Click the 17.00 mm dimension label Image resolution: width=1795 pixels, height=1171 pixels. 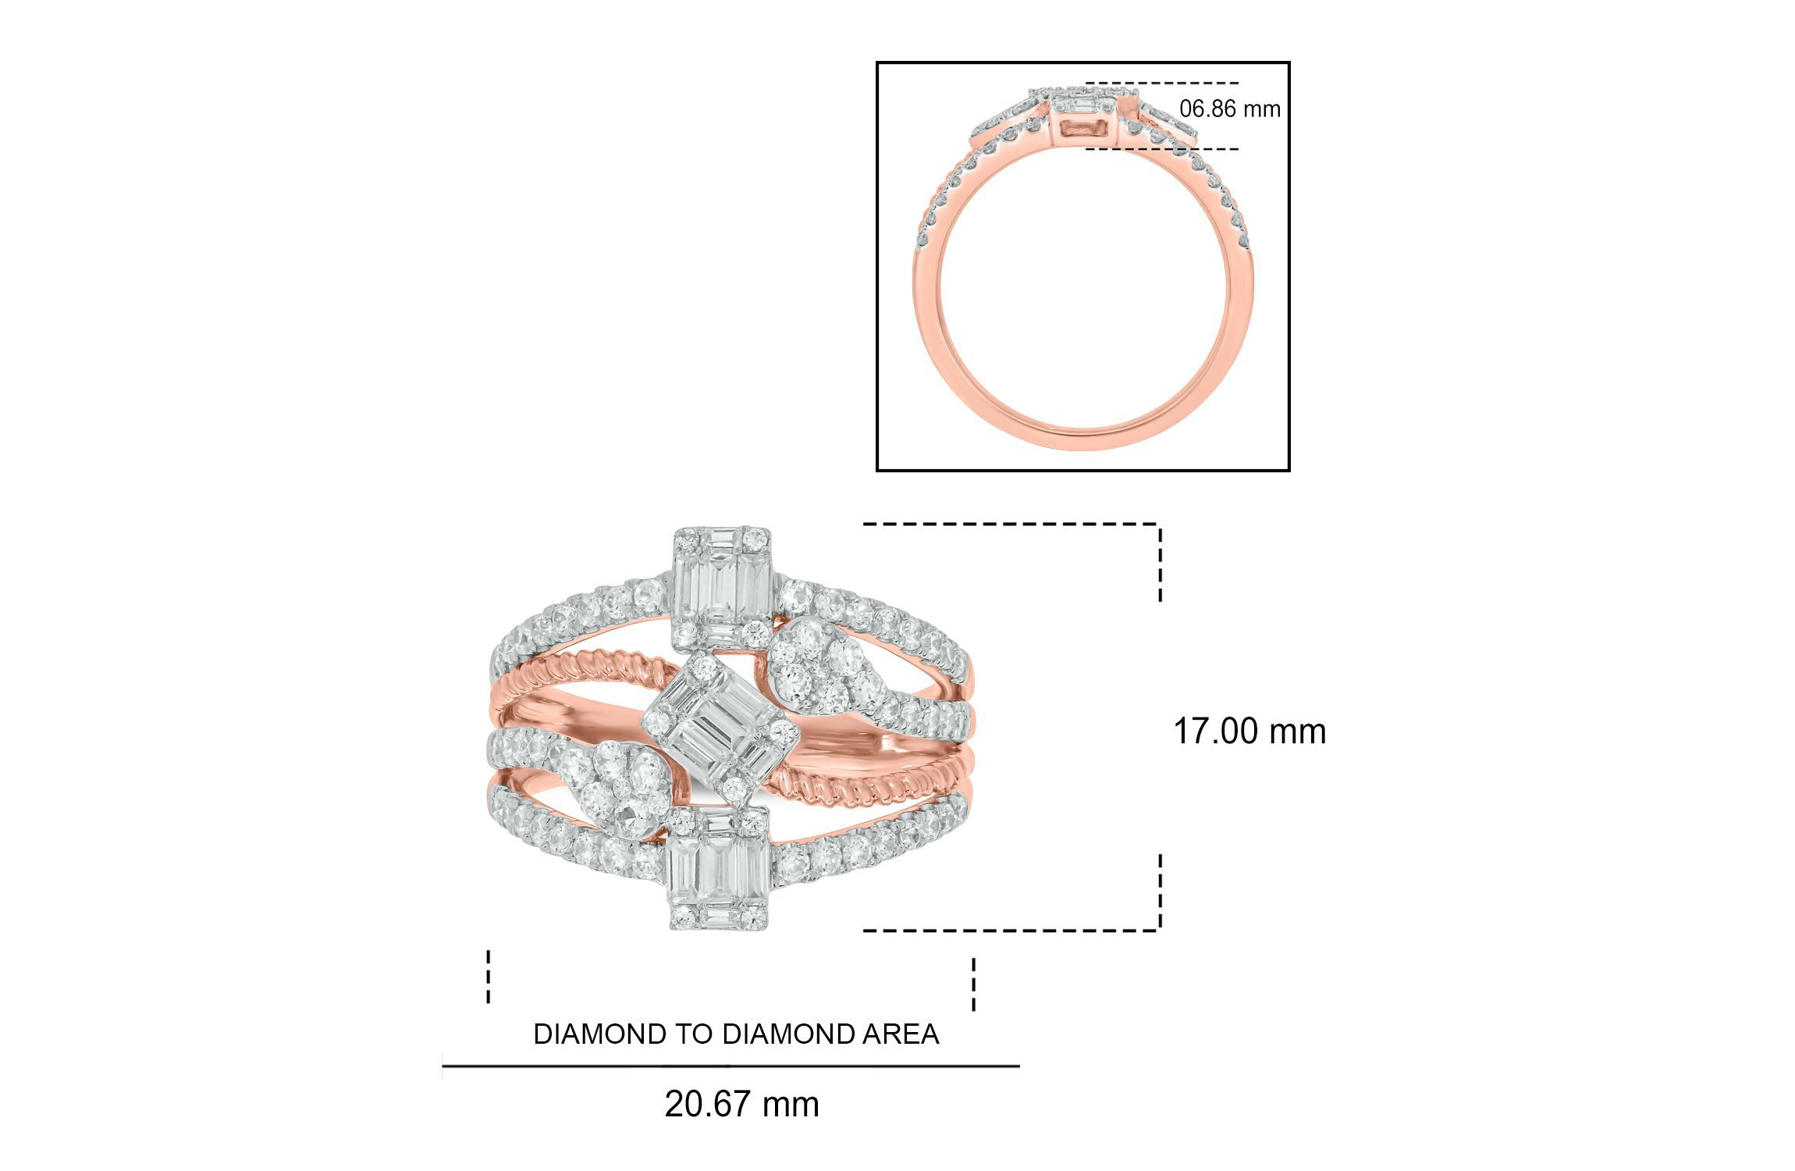click(x=1249, y=731)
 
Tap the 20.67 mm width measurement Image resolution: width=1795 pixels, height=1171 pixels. click(x=742, y=1105)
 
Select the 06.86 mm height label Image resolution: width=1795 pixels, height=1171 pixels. click(x=1230, y=109)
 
